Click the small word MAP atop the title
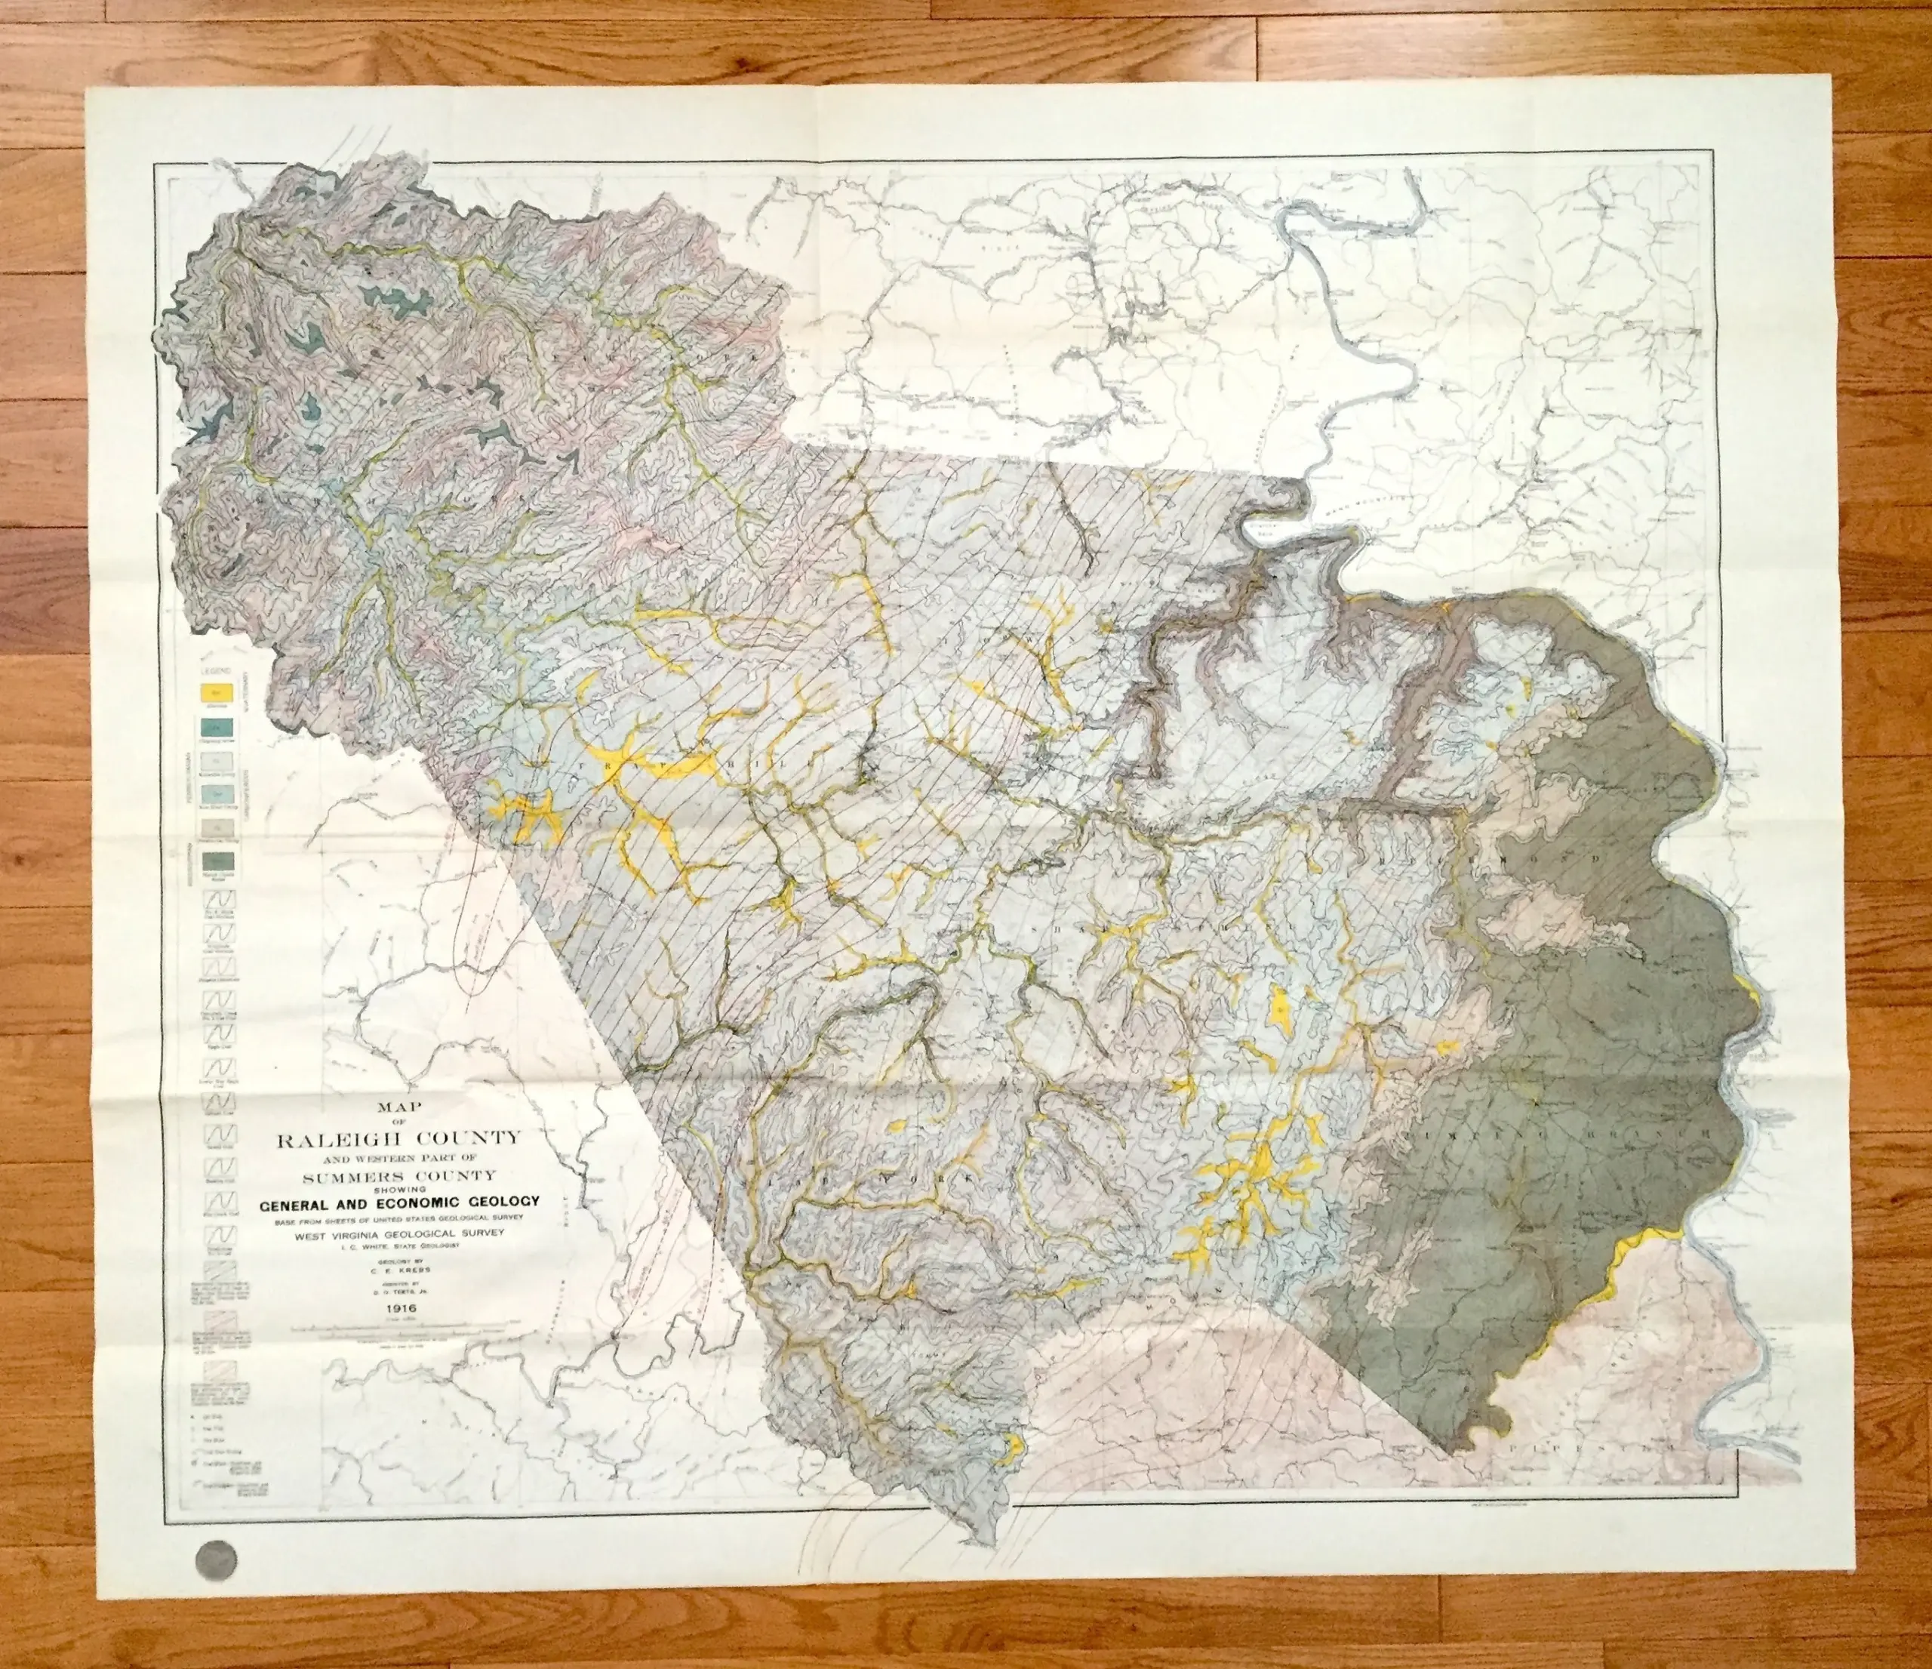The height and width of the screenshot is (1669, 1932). [395, 1110]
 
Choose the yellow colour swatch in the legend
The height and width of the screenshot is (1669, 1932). [215, 693]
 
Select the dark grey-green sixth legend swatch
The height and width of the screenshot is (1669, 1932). [215, 861]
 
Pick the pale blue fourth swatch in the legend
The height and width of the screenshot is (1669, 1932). [215, 793]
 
